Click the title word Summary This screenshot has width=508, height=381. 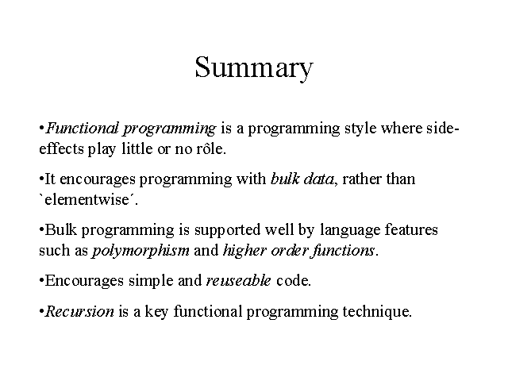tap(254, 67)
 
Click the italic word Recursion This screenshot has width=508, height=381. tap(79, 311)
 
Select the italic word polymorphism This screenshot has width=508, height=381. tap(141, 251)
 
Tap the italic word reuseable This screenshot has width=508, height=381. tap(238, 280)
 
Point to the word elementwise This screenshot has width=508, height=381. tap(87, 199)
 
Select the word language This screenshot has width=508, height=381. tap(350, 230)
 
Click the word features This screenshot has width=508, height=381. tap(411, 229)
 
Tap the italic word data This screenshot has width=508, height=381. tap(318, 179)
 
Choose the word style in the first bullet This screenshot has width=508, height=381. tap(360, 129)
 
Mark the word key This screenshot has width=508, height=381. tap(156, 312)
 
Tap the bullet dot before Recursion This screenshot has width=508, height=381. tap(41, 312)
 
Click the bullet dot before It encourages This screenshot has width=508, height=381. tap(41, 179)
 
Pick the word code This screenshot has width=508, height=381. tap(293, 280)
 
